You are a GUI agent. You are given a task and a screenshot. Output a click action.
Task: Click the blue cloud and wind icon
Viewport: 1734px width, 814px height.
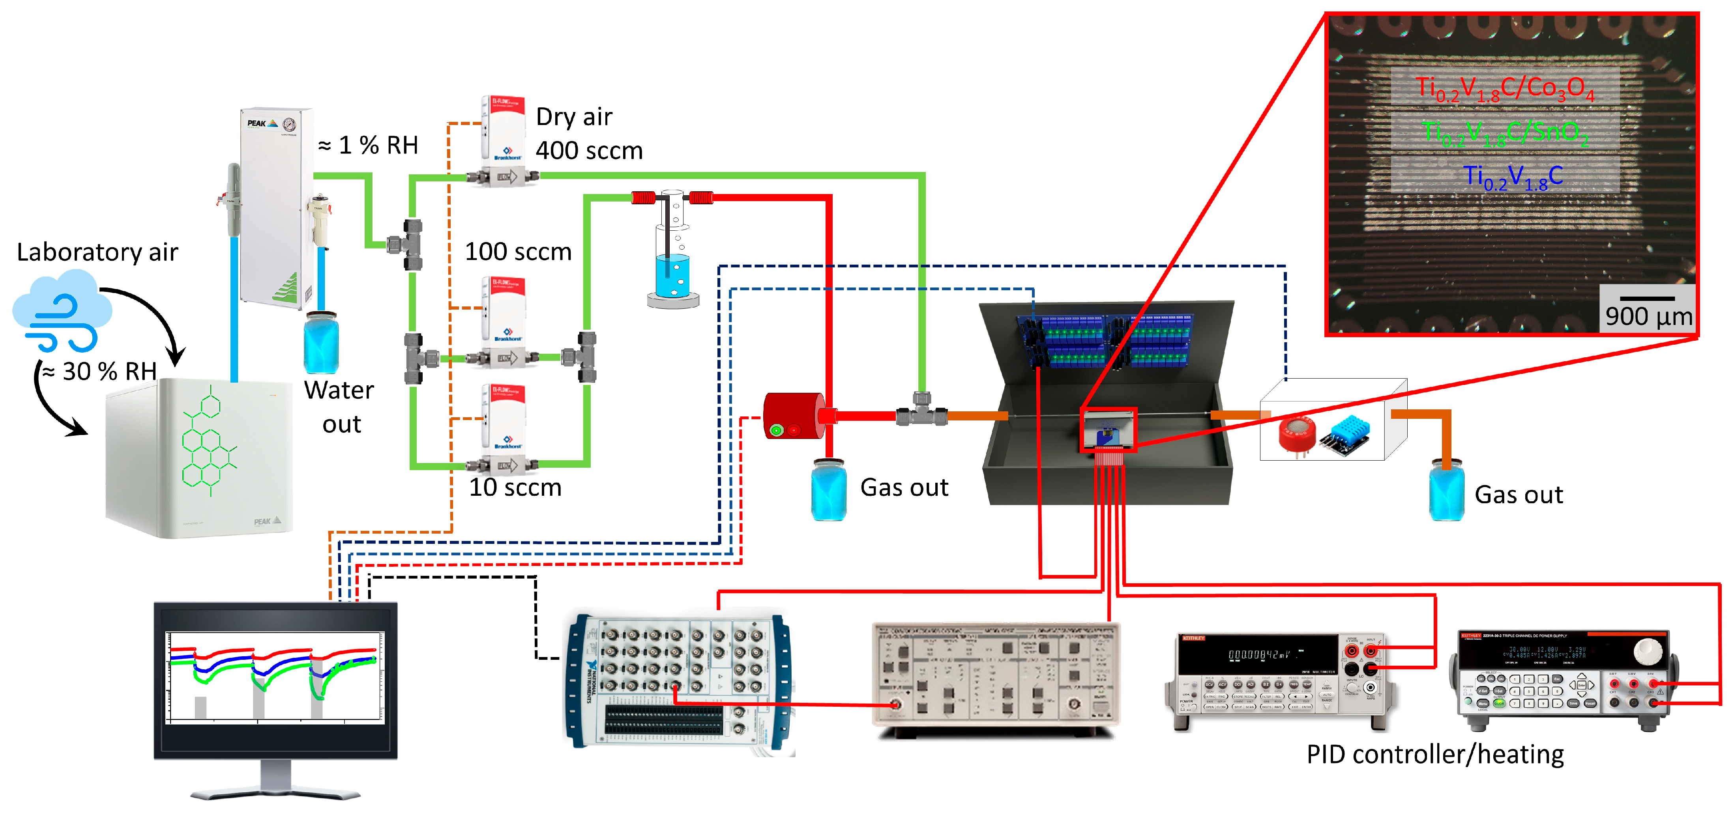click(x=62, y=311)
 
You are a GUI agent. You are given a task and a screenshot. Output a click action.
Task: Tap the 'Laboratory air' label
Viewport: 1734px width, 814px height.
click(x=97, y=252)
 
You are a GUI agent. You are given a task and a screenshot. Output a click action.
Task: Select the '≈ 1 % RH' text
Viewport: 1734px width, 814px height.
click(x=368, y=145)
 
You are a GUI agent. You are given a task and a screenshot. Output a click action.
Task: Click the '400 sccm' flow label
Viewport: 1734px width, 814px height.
click(x=589, y=151)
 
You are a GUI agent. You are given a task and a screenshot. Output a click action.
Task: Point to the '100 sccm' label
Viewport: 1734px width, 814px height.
click(x=518, y=252)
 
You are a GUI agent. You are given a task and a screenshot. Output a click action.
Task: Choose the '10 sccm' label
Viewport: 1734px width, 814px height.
click(x=515, y=487)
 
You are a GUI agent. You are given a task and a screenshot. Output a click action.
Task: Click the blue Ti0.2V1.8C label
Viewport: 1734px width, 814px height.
click(x=1513, y=177)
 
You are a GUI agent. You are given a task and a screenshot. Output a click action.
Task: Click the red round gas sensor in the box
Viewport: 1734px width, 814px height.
click(x=1297, y=435)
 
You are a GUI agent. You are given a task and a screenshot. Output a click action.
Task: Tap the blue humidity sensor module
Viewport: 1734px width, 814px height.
click(x=1350, y=434)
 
